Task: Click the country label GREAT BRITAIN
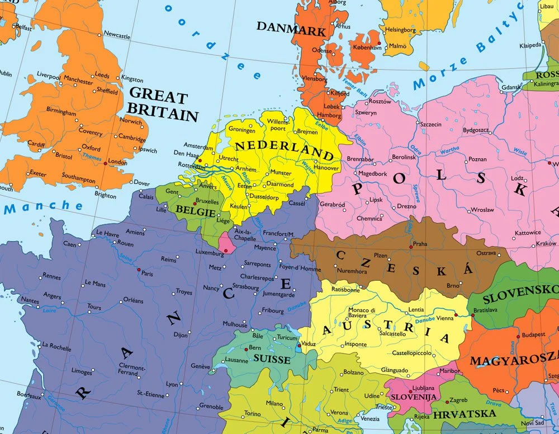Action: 162,104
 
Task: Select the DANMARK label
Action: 291,27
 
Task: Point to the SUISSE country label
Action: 272,360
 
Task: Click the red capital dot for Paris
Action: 139,269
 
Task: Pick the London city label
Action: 117,162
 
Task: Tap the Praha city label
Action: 420,244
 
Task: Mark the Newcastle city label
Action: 117,36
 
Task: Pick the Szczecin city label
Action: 431,125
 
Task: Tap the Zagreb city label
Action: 458,400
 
